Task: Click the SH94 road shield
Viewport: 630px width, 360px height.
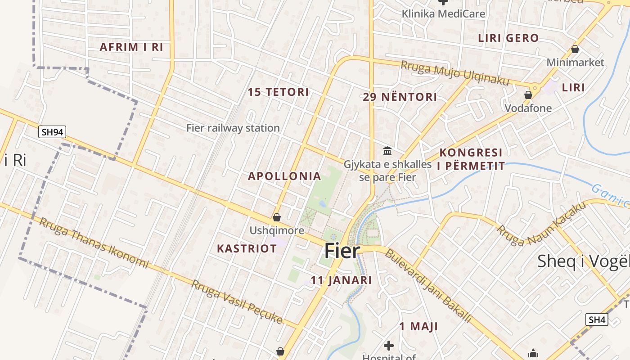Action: click(x=52, y=132)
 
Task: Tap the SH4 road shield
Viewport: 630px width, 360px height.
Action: click(x=597, y=320)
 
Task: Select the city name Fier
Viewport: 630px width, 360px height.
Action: click(x=342, y=251)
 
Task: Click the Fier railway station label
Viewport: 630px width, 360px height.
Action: click(x=233, y=128)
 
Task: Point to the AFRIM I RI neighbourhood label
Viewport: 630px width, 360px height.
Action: click(x=131, y=47)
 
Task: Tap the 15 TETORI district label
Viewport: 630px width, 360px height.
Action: click(x=278, y=92)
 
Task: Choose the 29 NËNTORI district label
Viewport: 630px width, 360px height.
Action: click(x=400, y=97)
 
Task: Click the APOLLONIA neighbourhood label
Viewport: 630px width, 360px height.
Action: click(x=284, y=176)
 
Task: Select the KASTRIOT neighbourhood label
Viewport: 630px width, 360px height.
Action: click(x=247, y=248)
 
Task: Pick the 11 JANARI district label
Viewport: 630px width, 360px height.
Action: click(x=341, y=280)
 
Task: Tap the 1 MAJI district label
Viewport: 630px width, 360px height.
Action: click(x=418, y=326)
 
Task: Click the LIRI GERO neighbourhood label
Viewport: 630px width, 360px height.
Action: click(x=508, y=38)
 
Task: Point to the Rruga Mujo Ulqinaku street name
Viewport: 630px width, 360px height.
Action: click(x=455, y=73)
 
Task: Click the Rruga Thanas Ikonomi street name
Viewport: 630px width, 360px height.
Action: click(x=94, y=242)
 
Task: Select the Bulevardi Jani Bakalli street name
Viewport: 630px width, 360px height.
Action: click(x=428, y=286)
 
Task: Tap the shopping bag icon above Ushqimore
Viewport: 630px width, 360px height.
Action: click(x=277, y=217)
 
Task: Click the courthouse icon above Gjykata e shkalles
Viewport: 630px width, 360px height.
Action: click(x=387, y=151)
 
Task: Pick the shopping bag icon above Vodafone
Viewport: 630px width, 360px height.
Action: click(x=528, y=95)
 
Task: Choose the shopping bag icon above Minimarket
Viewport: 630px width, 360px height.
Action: click(x=575, y=49)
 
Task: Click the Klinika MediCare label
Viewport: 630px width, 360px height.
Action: click(x=443, y=14)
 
